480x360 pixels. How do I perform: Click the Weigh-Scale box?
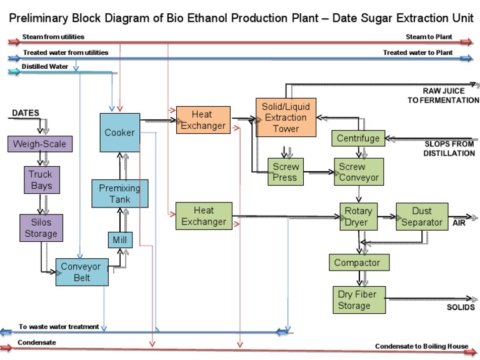[x=39, y=144]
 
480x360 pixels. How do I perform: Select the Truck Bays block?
[x=40, y=180]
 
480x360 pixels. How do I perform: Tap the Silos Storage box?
[x=40, y=227]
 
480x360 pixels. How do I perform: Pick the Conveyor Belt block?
[x=81, y=272]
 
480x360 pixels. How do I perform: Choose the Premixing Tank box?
[x=119, y=194]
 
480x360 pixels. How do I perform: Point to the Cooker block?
[x=119, y=132]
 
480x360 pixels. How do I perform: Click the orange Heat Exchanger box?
[x=203, y=120]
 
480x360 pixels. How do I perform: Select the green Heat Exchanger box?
[x=203, y=216]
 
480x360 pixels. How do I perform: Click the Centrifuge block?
[x=358, y=138]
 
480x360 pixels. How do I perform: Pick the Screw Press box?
[x=286, y=172]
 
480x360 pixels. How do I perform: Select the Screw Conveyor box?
[x=359, y=172]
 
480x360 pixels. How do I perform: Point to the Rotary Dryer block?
[x=359, y=216]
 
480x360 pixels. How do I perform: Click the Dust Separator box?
[x=422, y=216]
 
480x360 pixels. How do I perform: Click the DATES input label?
[x=25, y=113]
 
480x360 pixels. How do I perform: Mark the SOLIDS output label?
[x=460, y=307]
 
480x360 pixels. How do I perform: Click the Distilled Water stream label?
[x=45, y=66]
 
